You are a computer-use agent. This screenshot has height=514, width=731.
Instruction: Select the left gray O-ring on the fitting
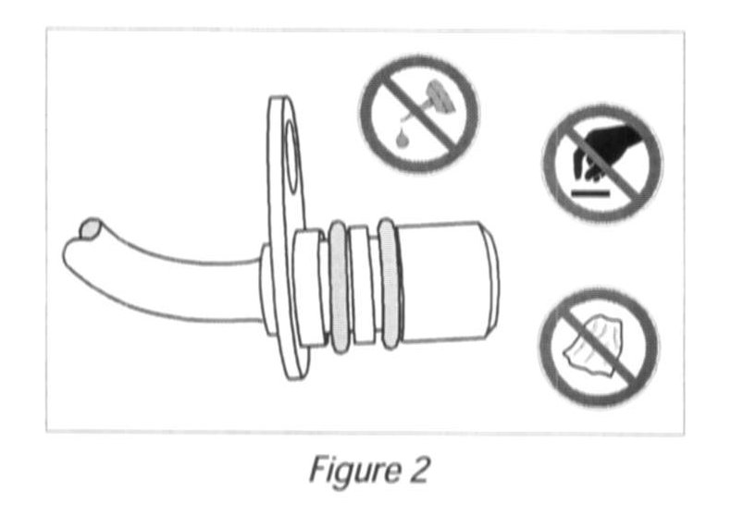coord(340,287)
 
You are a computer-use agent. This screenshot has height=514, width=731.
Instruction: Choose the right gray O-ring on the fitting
coord(390,284)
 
